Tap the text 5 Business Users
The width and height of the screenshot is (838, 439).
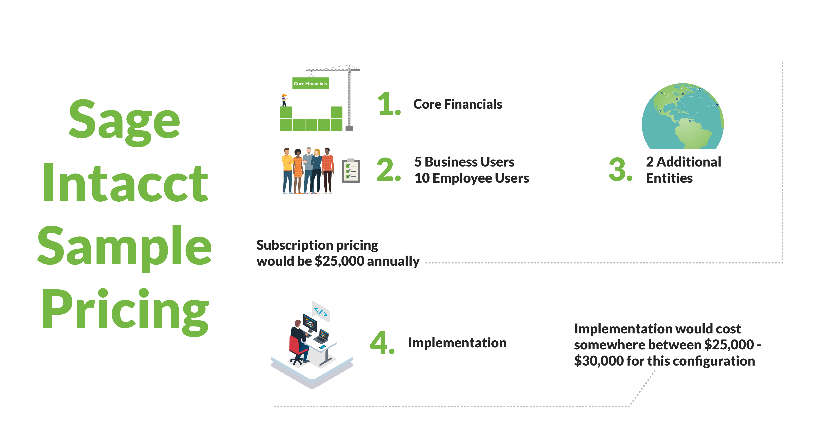click(x=464, y=162)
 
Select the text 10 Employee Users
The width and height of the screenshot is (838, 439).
click(x=472, y=178)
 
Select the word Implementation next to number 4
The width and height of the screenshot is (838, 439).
click(x=457, y=343)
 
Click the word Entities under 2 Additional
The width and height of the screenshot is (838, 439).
click(x=669, y=178)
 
